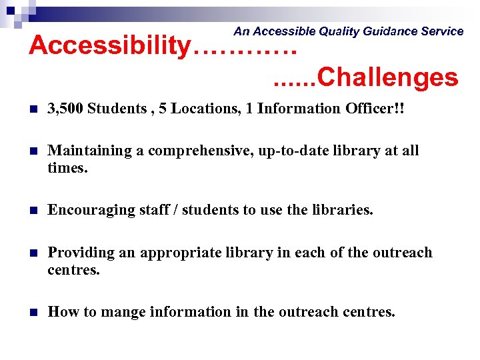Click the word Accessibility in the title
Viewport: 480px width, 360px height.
[109, 46]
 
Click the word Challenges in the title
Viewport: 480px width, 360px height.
[388, 78]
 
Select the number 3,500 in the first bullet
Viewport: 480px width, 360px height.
[65, 109]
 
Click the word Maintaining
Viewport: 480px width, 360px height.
[89, 151]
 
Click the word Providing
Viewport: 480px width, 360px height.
[79, 253]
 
